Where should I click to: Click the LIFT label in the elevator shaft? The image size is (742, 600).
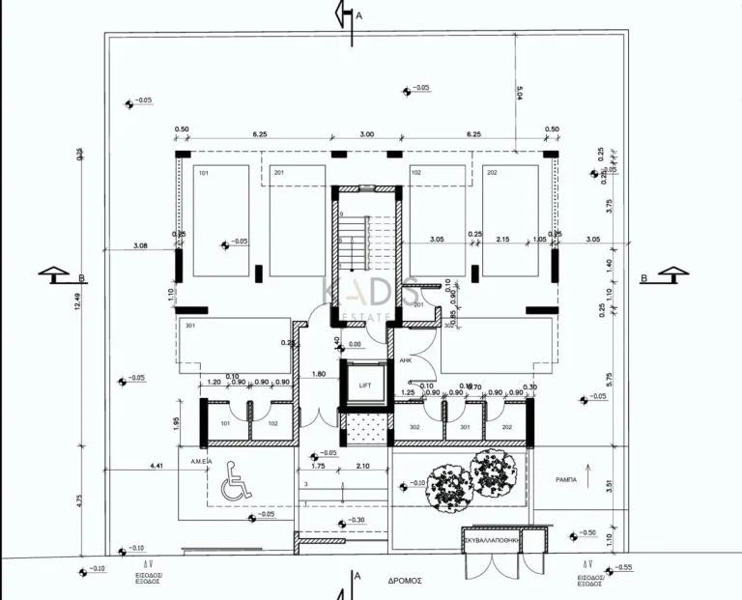point(364,385)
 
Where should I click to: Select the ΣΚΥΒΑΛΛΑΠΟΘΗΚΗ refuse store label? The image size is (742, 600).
point(491,542)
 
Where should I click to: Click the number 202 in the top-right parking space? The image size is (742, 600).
point(492,172)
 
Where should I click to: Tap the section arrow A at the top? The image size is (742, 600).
point(341,15)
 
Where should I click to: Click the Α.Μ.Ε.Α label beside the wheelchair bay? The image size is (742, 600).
point(201,462)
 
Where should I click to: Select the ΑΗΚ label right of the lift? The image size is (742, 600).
point(406,359)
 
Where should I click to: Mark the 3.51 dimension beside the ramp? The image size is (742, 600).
point(609,486)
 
